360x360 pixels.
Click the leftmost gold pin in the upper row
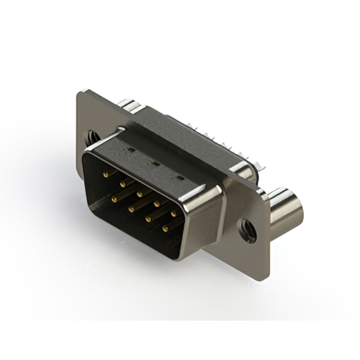tap(105, 175)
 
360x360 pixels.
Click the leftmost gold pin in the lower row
tap(114, 199)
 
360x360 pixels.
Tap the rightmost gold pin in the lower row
tap(165, 228)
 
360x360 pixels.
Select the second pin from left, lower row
tap(131, 209)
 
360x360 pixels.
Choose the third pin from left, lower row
tap(148, 218)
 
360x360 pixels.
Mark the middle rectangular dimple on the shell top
tap(151, 164)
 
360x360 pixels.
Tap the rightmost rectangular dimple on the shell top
tap(179, 178)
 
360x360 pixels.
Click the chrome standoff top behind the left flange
tap(128, 104)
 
